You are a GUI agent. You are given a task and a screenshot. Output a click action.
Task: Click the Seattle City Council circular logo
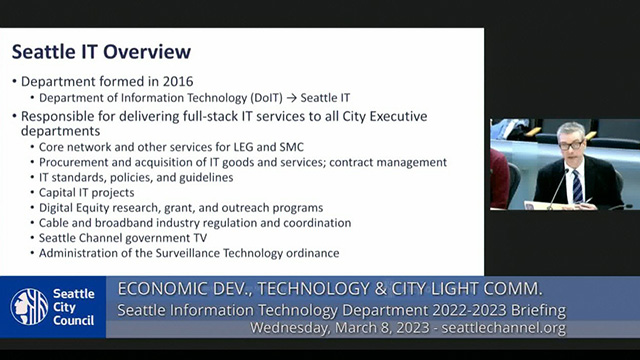(29, 307)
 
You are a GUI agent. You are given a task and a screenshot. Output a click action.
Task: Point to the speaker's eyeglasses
(571, 145)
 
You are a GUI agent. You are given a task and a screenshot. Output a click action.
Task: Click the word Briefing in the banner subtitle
(531, 309)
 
